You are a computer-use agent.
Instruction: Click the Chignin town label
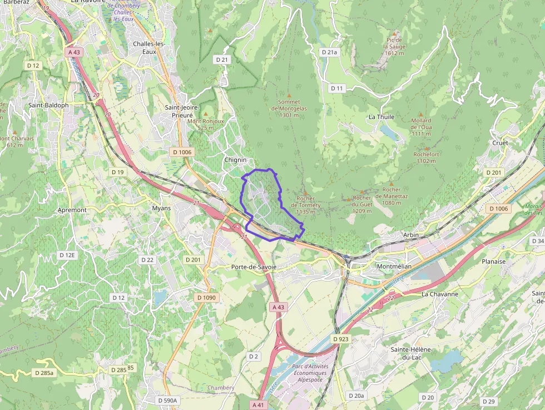pos(235,160)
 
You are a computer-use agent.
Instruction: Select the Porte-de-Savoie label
pos(254,267)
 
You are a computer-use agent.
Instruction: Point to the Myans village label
pos(161,208)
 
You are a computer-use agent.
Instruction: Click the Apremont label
pos(72,210)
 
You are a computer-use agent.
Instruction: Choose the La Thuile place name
pos(381,117)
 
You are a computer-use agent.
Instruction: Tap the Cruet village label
pos(500,143)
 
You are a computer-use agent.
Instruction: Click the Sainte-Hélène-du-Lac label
pos(412,353)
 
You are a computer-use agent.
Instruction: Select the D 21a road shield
pos(330,52)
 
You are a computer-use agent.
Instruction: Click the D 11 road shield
pos(337,88)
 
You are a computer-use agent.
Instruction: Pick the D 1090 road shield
pos(206,298)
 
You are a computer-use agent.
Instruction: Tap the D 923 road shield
pos(341,339)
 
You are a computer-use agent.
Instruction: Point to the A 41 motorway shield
pos(258,404)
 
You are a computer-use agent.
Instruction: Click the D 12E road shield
pos(67,255)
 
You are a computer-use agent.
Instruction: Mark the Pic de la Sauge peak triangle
pos(395,33)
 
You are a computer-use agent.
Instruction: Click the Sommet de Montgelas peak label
pos(289,108)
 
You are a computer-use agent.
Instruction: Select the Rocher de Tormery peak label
pos(306,205)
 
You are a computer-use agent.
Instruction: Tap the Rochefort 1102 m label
pos(427,157)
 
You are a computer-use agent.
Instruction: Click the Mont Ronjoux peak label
pos(205,124)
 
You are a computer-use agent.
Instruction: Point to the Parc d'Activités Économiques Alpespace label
pos(310,373)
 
